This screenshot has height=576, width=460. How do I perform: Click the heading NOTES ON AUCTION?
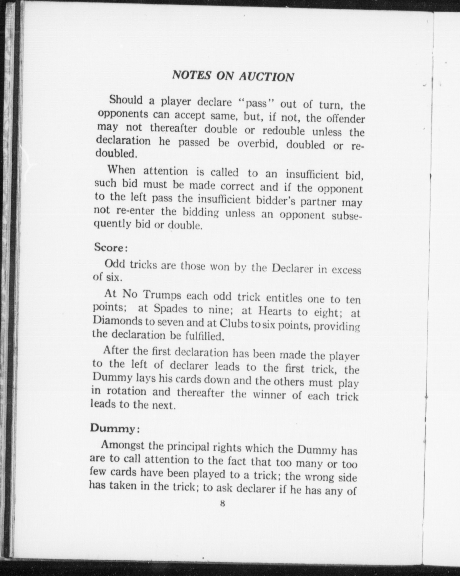coord(233,76)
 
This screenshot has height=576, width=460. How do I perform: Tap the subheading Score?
coord(111,247)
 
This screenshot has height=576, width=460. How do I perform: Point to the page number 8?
coord(222,503)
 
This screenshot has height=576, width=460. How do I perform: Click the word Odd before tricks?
coord(114,263)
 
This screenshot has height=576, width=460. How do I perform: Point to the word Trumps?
coord(163,295)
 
